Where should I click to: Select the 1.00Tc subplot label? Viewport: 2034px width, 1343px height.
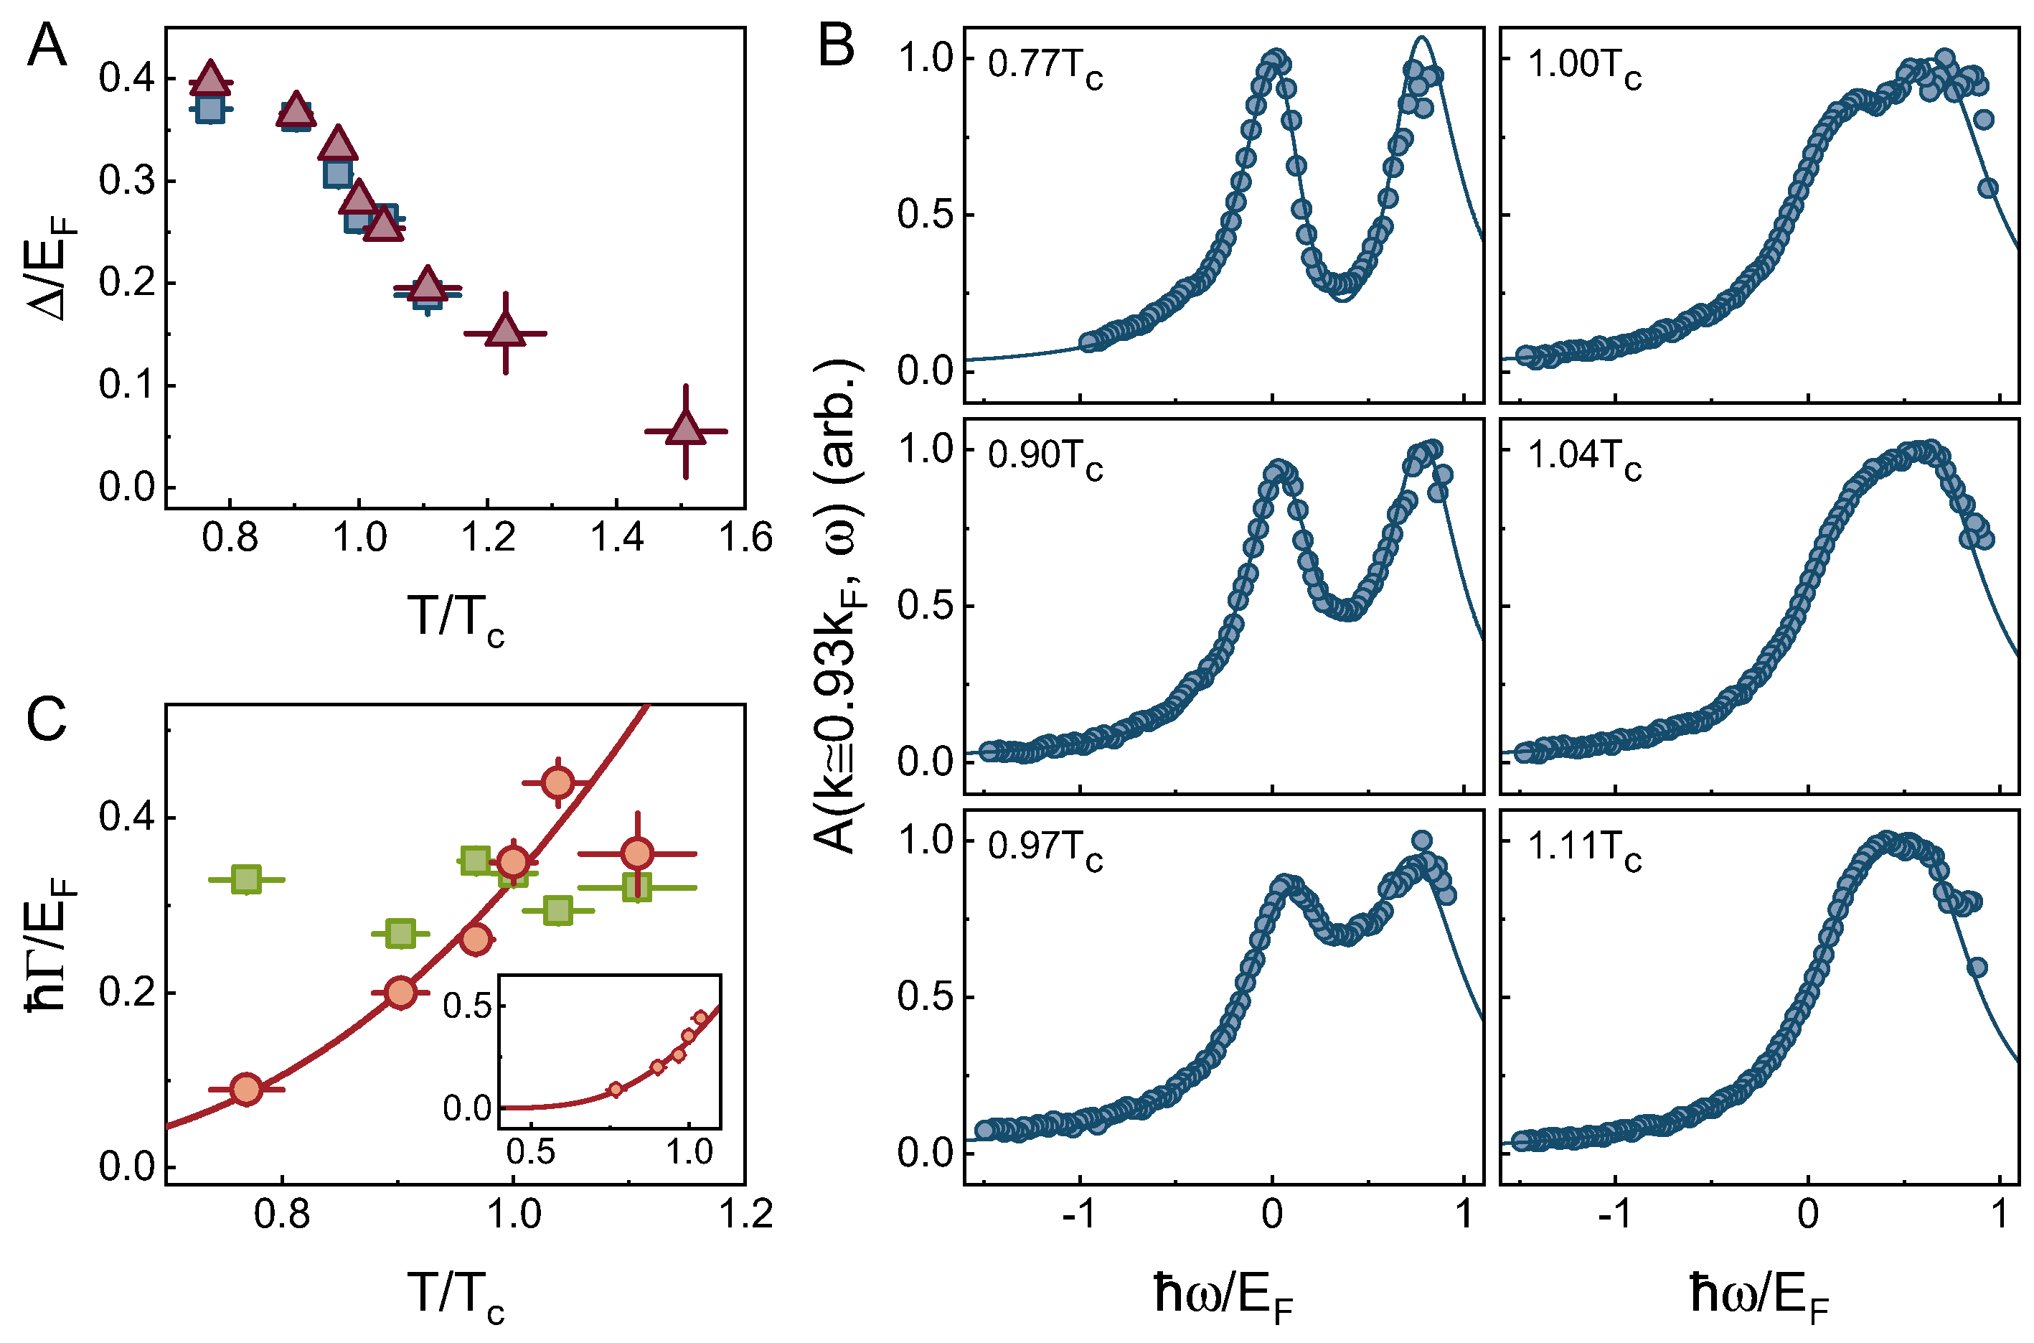[1583, 67]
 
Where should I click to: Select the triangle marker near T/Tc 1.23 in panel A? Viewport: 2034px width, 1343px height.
[505, 332]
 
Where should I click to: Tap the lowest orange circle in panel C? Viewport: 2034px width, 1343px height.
[247, 1089]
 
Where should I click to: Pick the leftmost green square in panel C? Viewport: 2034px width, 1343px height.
[247, 879]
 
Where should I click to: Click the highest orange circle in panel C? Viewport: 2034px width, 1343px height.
[558, 782]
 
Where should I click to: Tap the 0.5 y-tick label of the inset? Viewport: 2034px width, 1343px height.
[467, 1006]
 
